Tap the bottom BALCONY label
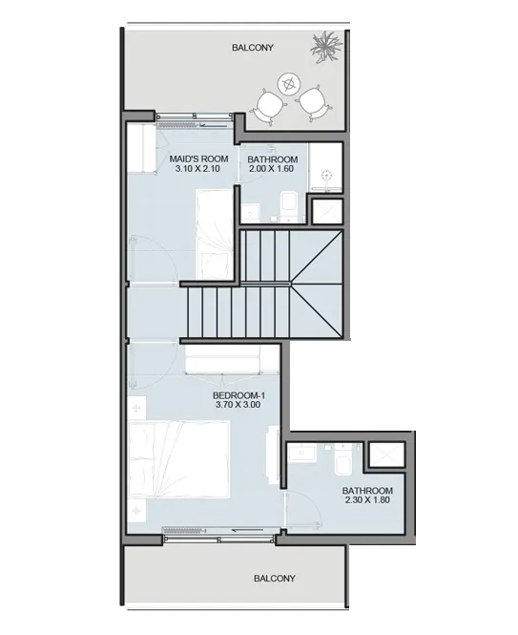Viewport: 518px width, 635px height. click(x=275, y=579)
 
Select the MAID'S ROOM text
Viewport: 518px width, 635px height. click(x=198, y=159)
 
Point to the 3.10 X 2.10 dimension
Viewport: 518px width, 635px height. click(x=197, y=168)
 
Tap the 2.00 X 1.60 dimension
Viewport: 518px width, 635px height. click(x=271, y=168)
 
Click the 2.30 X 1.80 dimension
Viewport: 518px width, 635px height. click(x=367, y=499)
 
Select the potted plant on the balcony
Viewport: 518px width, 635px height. click(x=326, y=46)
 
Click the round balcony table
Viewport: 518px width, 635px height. click(x=290, y=84)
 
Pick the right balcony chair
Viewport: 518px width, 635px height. click(x=314, y=103)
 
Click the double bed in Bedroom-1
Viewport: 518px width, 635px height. click(x=179, y=459)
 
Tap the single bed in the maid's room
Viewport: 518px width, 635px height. click(x=215, y=234)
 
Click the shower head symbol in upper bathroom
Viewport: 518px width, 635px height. click(x=326, y=176)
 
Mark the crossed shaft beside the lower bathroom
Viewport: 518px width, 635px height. click(x=387, y=455)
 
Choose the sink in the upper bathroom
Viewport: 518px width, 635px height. click(x=249, y=212)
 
